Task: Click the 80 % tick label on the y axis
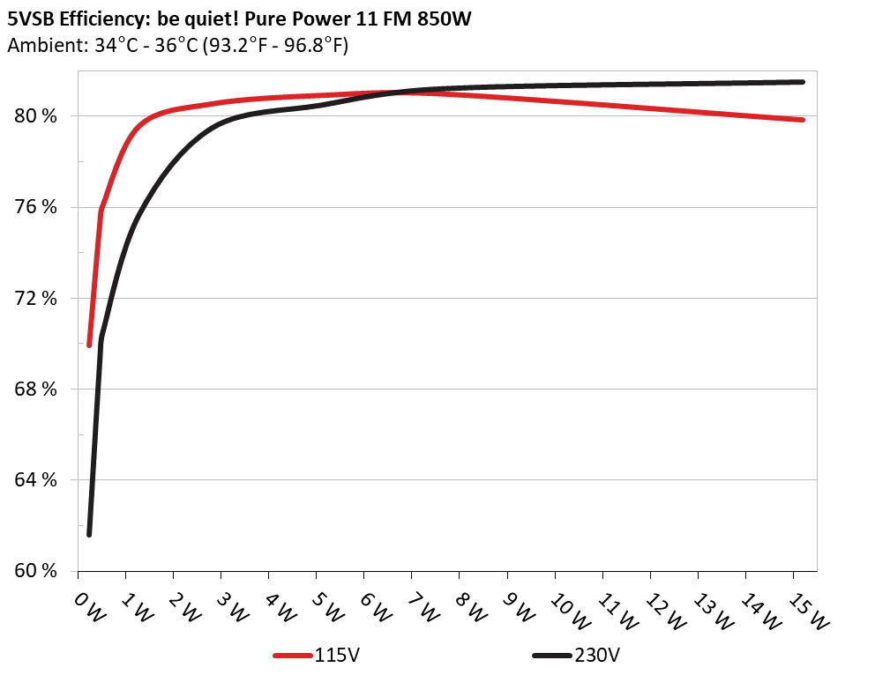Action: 36,116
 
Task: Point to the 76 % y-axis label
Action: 36,207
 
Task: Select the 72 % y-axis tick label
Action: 36,298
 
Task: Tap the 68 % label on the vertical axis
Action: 36,389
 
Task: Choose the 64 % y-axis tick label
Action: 36,479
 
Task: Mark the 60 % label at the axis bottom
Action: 36,570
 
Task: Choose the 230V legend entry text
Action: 599,656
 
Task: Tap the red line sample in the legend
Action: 294,656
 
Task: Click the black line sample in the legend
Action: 553,656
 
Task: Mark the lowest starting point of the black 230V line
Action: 89,534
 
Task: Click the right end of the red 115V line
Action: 803,120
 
